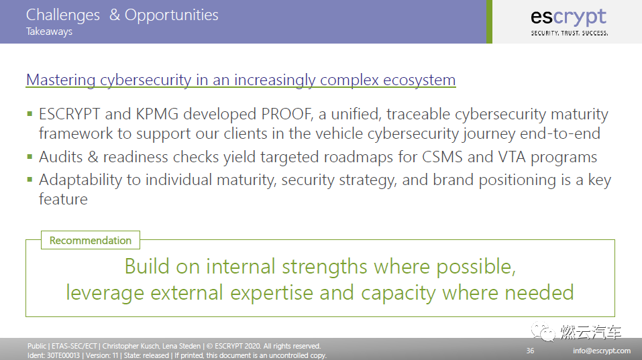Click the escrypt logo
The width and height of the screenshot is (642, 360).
(x=569, y=22)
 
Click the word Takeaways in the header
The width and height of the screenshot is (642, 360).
(x=49, y=32)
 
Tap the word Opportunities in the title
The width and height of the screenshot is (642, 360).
(x=172, y=15)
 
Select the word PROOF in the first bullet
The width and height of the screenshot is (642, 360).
(x=287, y=114)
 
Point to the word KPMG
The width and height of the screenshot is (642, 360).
(x=157, y=114)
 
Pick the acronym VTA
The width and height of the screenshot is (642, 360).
(x=512, y=157)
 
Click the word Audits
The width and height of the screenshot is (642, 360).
(x=60, y=157)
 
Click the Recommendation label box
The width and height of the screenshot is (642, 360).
(x=91, y=240)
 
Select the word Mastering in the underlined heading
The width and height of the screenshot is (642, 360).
(x=60, y=80)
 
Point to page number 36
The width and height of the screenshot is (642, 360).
(x=530, y=351)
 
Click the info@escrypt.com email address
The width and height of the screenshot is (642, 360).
(x=602, y=351)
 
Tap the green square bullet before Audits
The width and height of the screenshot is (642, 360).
(x=30, y=157)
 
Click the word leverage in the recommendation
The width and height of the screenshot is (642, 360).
(x=105, y=294)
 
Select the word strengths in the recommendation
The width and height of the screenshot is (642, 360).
(x=325, y=267)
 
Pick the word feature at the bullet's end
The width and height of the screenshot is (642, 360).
(x=63, y=199)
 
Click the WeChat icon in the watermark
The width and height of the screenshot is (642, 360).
(x=543, y=331)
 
